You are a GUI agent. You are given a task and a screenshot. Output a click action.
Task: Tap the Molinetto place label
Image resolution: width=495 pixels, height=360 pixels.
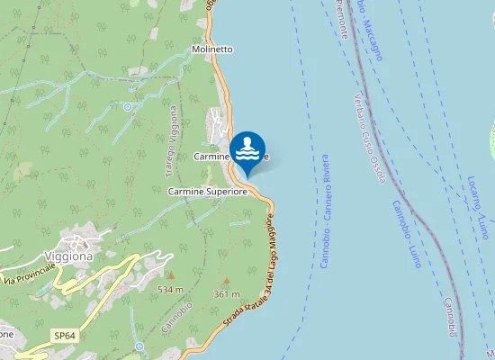point(212,49)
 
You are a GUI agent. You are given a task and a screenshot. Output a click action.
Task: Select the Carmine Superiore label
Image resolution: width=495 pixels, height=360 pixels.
point(207,192)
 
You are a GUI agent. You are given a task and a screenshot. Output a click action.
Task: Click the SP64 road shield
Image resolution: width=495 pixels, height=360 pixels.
point(63,335)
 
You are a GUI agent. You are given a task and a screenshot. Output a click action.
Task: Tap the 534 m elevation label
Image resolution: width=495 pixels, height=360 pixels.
point(170,290)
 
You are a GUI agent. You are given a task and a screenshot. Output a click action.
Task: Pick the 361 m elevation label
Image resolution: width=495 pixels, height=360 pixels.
point(227,294)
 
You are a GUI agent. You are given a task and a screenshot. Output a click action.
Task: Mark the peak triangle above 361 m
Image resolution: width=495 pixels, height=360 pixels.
point(226,281)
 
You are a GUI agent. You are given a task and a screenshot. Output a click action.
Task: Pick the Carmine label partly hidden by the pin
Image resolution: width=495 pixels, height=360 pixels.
point(214,157)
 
